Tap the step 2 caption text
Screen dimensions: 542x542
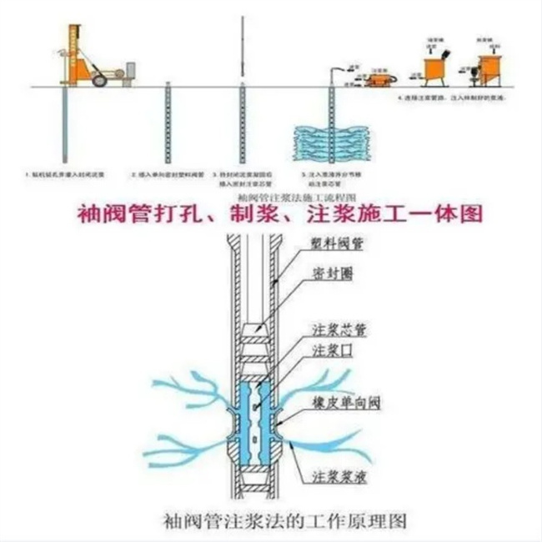click(167, 175)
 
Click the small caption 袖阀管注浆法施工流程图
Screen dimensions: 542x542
click(271, 194)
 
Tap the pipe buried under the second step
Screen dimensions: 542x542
click(167, 125)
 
